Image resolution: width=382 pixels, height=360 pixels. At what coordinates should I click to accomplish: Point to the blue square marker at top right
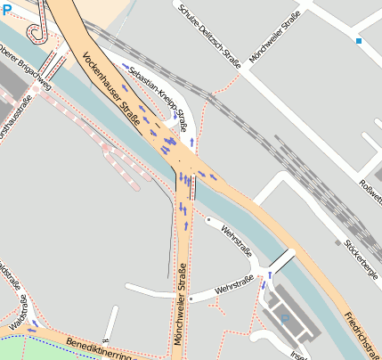tap(359, 41)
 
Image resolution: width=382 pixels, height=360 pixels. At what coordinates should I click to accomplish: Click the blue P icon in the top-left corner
tap(7, 9)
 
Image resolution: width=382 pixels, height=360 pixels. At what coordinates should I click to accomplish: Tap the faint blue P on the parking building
tap(284, 318)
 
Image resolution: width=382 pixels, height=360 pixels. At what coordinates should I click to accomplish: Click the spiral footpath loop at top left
tap(37, 31)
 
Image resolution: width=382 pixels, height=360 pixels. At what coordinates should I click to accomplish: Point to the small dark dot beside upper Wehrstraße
tap(207, 219)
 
